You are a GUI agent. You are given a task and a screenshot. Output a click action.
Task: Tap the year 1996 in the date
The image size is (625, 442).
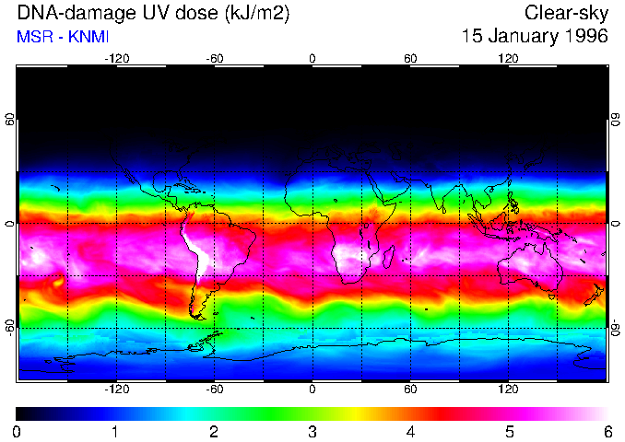tap(586, 37)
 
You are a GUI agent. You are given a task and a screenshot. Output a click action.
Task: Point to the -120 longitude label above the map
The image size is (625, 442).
tap(116, 58)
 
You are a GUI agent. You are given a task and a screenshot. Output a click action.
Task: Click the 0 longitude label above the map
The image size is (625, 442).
tap(312, 58)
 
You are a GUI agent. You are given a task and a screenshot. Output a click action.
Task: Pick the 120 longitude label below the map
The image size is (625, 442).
tap(508, 390)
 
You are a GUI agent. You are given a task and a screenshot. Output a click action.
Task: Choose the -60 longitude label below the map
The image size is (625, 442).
tap(215, 390)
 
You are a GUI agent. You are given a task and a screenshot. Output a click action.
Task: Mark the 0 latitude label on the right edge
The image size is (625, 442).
tap(615, 224)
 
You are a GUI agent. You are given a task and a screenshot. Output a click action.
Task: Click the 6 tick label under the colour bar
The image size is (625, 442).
tap(607, 431)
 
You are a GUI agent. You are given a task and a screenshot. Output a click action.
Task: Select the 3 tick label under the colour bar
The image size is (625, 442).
tap(312, 431)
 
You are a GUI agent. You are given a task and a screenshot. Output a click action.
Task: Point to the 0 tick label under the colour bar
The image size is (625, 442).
tap(18, 431)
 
